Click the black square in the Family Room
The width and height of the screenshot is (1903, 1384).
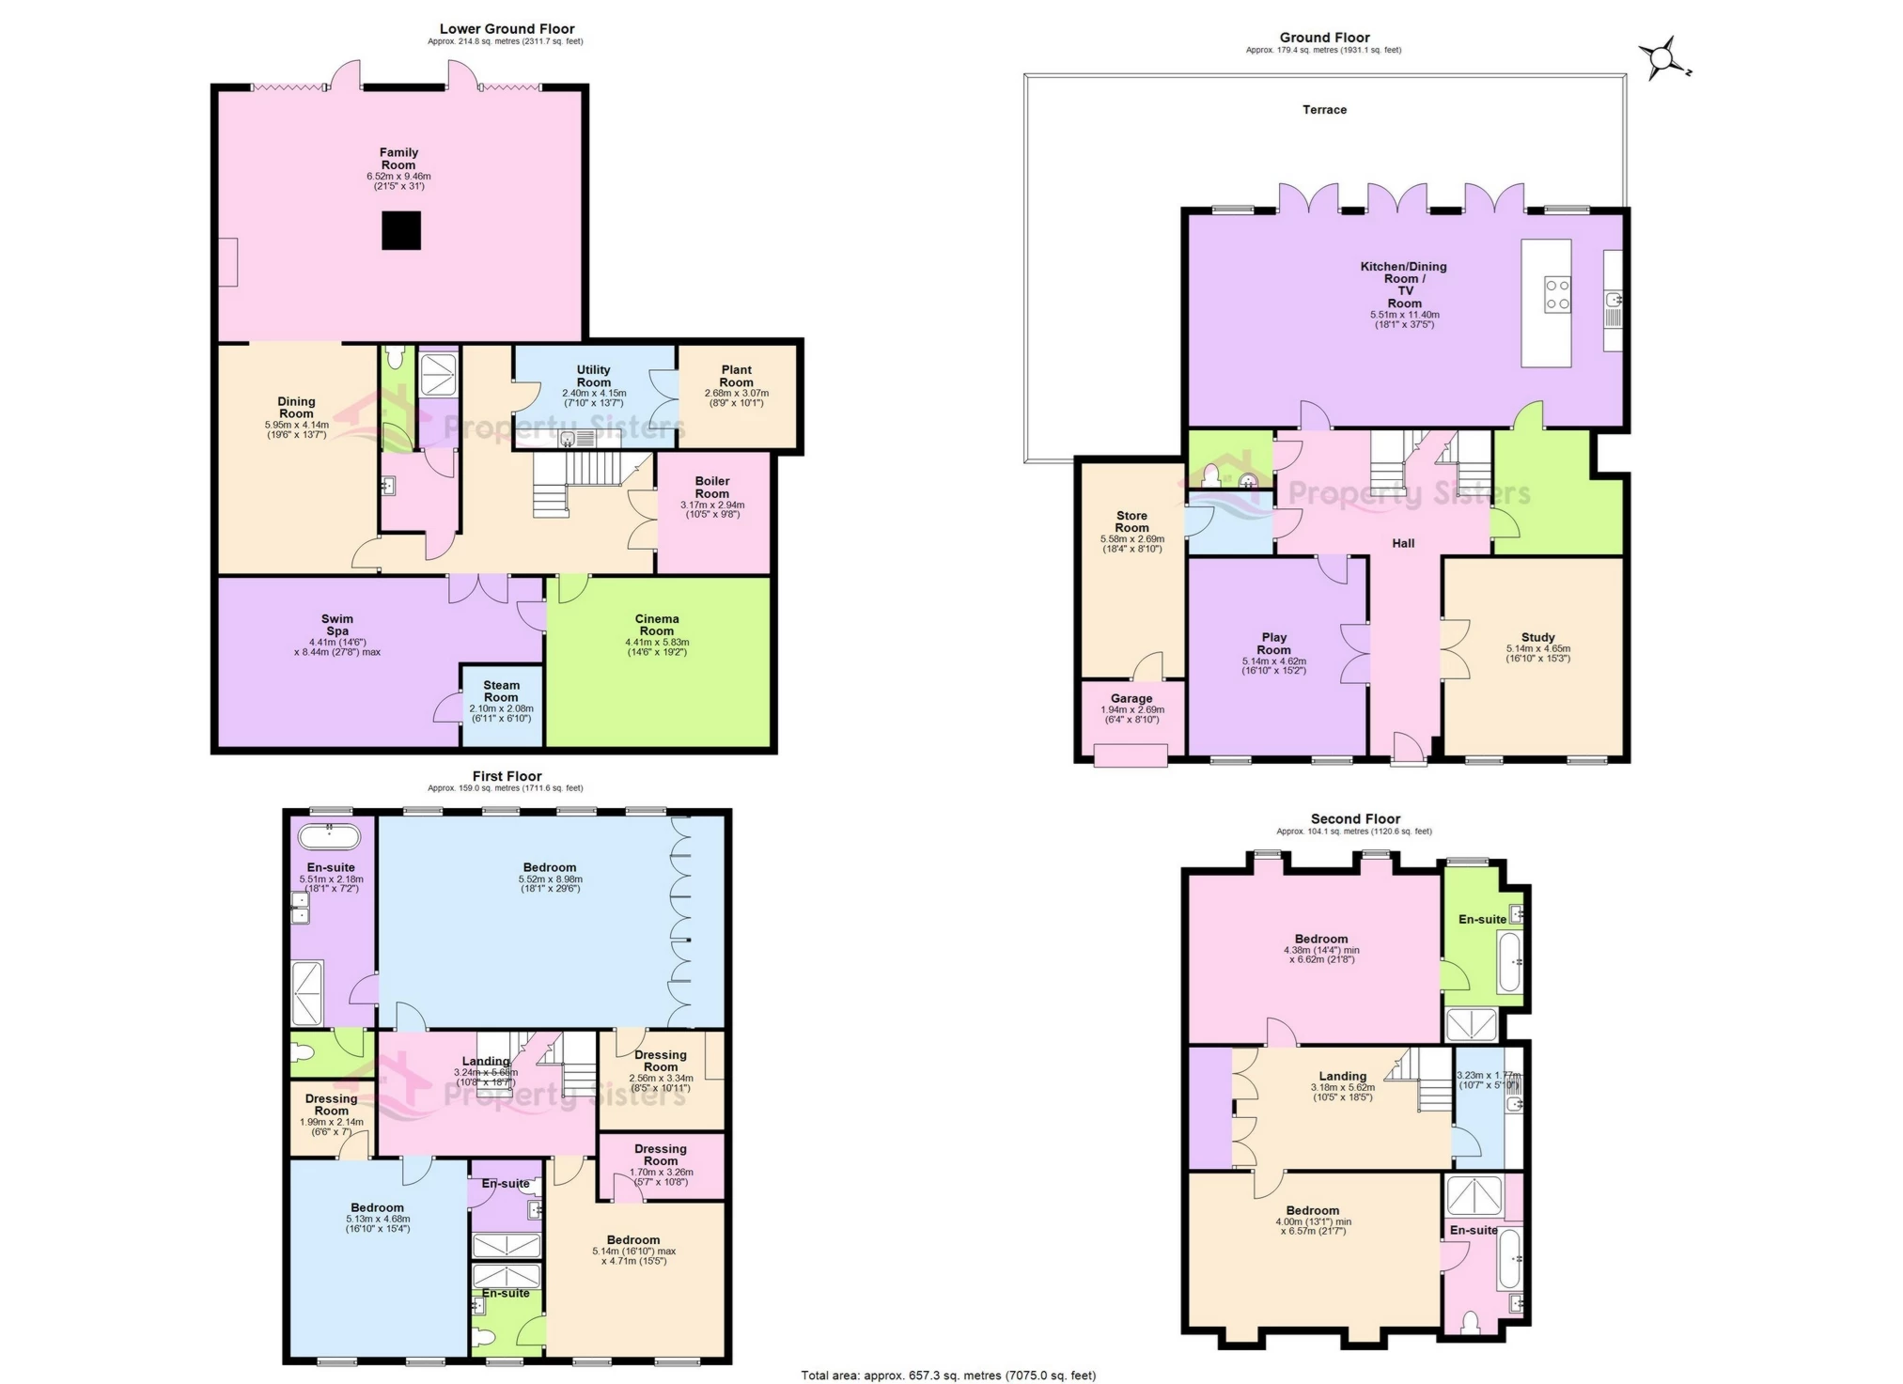[x=401, y=230]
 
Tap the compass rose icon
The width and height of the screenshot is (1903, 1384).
[x=1662, y=59]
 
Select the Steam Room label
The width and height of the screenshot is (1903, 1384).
[x=501, y=692]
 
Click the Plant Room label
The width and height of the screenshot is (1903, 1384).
[x=737, y=376]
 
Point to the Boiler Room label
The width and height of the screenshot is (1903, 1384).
[x=711, y=487]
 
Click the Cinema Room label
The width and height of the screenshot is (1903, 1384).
[x=657, y=625]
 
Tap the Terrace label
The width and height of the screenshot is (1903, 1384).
[x=1324, y=110]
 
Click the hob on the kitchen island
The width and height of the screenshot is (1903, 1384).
[x=1557, y=293]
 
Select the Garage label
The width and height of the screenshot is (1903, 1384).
[x=1131, y=698]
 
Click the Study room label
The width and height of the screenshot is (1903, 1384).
[x=1537, y=637]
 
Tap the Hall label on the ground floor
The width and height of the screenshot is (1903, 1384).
[x=1403, y=543]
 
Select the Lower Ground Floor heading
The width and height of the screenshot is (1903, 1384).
[x=507, y=29]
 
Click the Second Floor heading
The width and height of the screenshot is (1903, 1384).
[x=1355, y=819]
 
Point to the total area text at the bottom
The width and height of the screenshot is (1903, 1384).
[x=948, y=1376]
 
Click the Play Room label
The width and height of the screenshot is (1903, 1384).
[x=1273, y=644]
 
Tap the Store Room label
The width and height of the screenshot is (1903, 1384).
[x=1131, y=521]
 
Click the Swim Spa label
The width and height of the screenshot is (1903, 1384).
[x=337, y=625]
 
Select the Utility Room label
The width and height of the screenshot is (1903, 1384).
[x=593, y=376]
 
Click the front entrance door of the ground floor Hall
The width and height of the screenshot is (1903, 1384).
[x=1408, y=749]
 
